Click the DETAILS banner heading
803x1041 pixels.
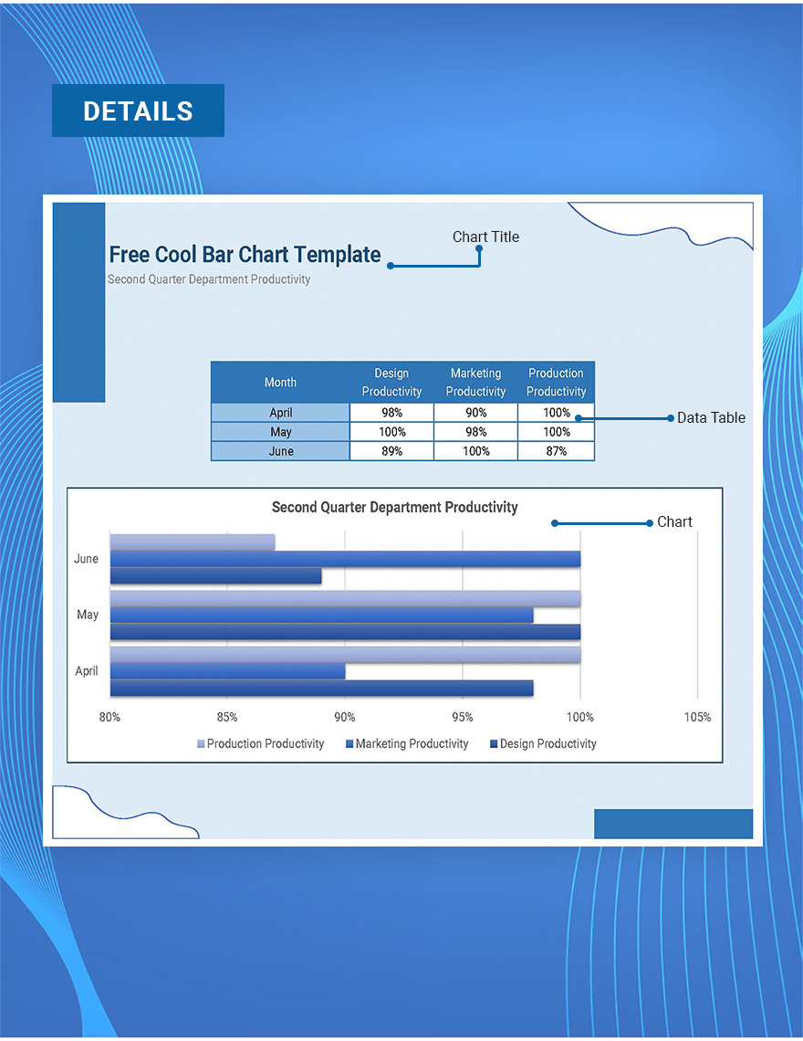tap(138, 110)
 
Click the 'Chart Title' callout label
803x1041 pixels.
tap(485, 237)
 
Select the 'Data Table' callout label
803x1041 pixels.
tap(711, 417)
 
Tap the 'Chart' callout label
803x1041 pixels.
tap(674, 521)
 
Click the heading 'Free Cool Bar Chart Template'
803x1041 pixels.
tap(245, 255)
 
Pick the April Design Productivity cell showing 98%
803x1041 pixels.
tap(391, 413)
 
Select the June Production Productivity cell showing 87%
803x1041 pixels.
tap(556, 451)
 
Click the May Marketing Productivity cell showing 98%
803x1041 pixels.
tap(475, 432)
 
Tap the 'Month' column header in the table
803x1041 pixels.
tap(280, 383)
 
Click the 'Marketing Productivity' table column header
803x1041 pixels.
tap(475, 383)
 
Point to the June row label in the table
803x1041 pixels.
tap(281, 451)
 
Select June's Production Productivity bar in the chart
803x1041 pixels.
tap(192, 542)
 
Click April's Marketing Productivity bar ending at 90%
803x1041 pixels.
tap(227, 671)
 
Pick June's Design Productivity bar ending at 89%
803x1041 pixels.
tap(215, 576)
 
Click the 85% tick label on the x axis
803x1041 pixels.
tap(227, 717)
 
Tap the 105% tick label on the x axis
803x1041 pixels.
tap(697, 717)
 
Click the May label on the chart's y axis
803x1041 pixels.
tap(88, 615)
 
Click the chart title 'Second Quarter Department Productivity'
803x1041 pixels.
tap(394, 507)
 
